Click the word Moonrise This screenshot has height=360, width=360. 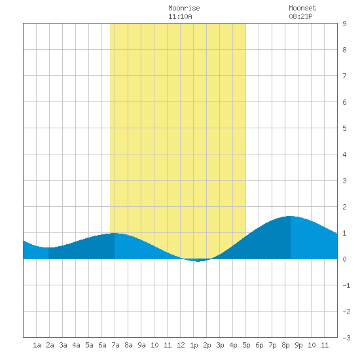(x=184, y=8)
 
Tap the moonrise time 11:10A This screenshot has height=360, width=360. (x=180, y=16)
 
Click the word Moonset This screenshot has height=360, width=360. (x=302, y=8)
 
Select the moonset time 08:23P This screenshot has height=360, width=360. (x=300, y=16)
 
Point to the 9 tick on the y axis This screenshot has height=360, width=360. (x=344, y=24)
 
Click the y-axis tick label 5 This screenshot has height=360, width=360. (x=344, y=128)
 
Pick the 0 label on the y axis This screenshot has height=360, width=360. (x=344, y=259)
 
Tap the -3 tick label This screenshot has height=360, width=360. (x=346, y=338)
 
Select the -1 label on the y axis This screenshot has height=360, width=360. (x=346, y=285)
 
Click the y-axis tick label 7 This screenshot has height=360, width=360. (x=344, y=76)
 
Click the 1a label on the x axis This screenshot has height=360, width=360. (x=37, y=345)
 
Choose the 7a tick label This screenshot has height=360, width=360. (x=115, y=345)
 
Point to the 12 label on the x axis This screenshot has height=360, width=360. (x=181, y=345)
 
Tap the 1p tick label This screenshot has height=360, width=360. (x=194, y=345)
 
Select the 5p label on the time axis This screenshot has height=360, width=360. (x=246, y=345)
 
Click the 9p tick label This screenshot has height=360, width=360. (x=298, y=345)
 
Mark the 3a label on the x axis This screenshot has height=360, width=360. (x=63, y=345)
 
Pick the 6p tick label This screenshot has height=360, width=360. (x=259, y=345)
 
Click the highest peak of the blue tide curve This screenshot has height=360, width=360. (x=290, y=216)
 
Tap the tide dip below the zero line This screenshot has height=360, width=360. (x=198, y=261)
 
